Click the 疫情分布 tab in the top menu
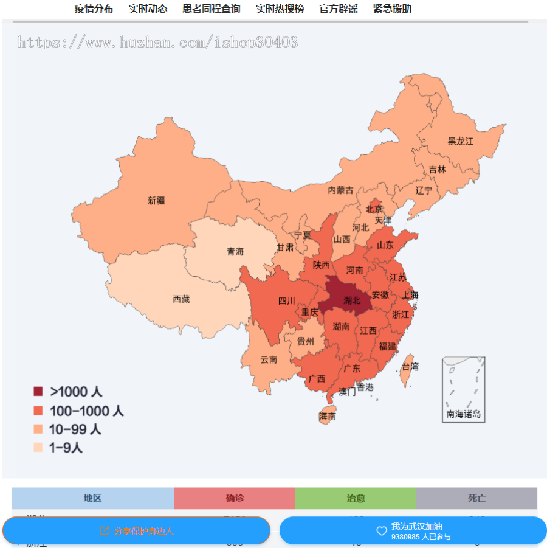[94, 9]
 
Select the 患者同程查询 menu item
[211, 9]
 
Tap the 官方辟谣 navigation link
[339, 9]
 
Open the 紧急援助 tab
[392, 9]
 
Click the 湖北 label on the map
[352, 300]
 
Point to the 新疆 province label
[156, 200]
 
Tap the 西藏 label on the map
[181, 299]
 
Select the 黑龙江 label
[460, 141]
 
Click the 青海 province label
[235, 252]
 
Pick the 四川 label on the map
[287, 301]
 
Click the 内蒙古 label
[340, 190]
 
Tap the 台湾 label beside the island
[410, 367]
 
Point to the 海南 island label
[328, 417]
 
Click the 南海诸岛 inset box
[464, 389]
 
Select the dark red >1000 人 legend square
[38, 391]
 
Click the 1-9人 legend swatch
[38, 448]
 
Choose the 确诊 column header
[235, 498]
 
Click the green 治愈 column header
[356, 498]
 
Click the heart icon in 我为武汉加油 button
[382, 531]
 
